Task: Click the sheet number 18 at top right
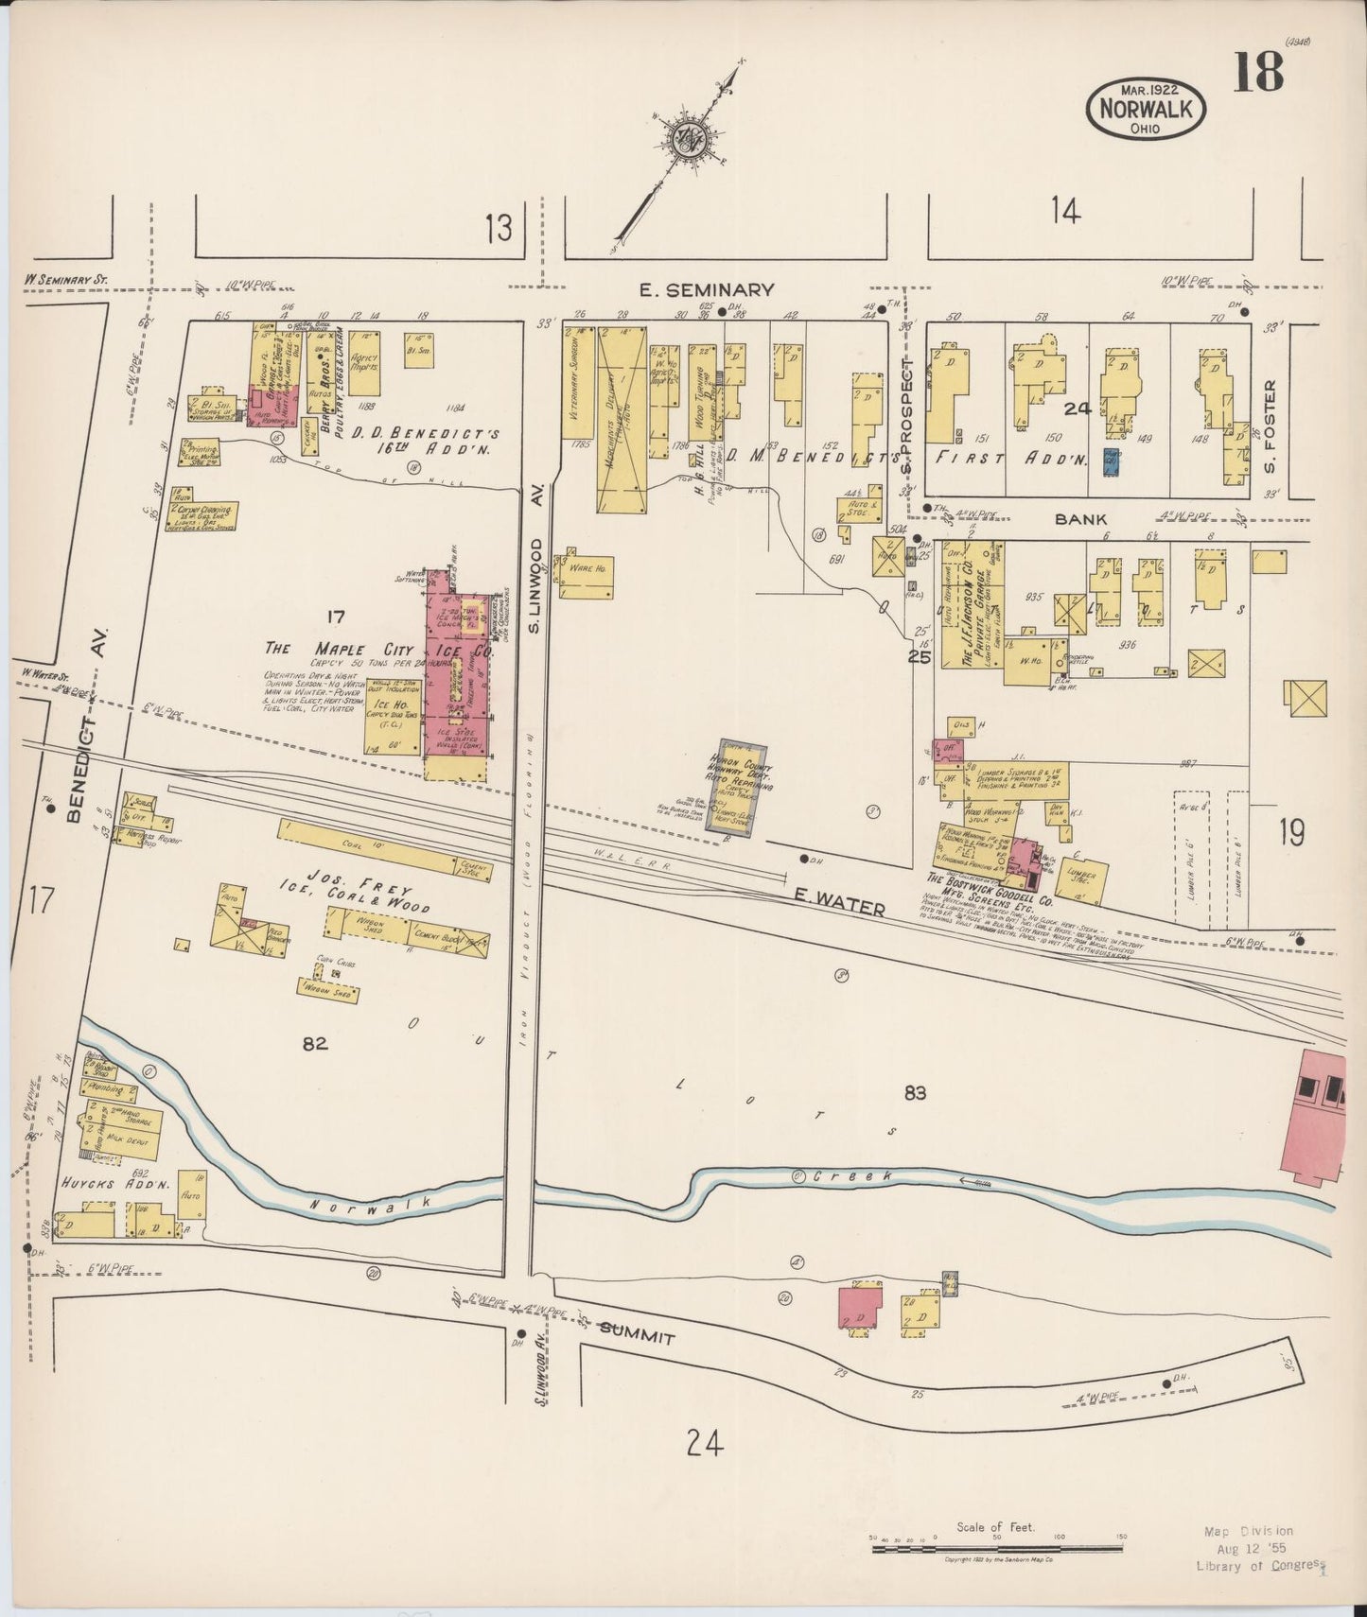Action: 1257,72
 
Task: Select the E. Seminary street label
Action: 707,290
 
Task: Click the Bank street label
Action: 1080,519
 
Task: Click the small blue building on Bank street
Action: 1112,462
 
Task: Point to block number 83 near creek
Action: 914,1093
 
